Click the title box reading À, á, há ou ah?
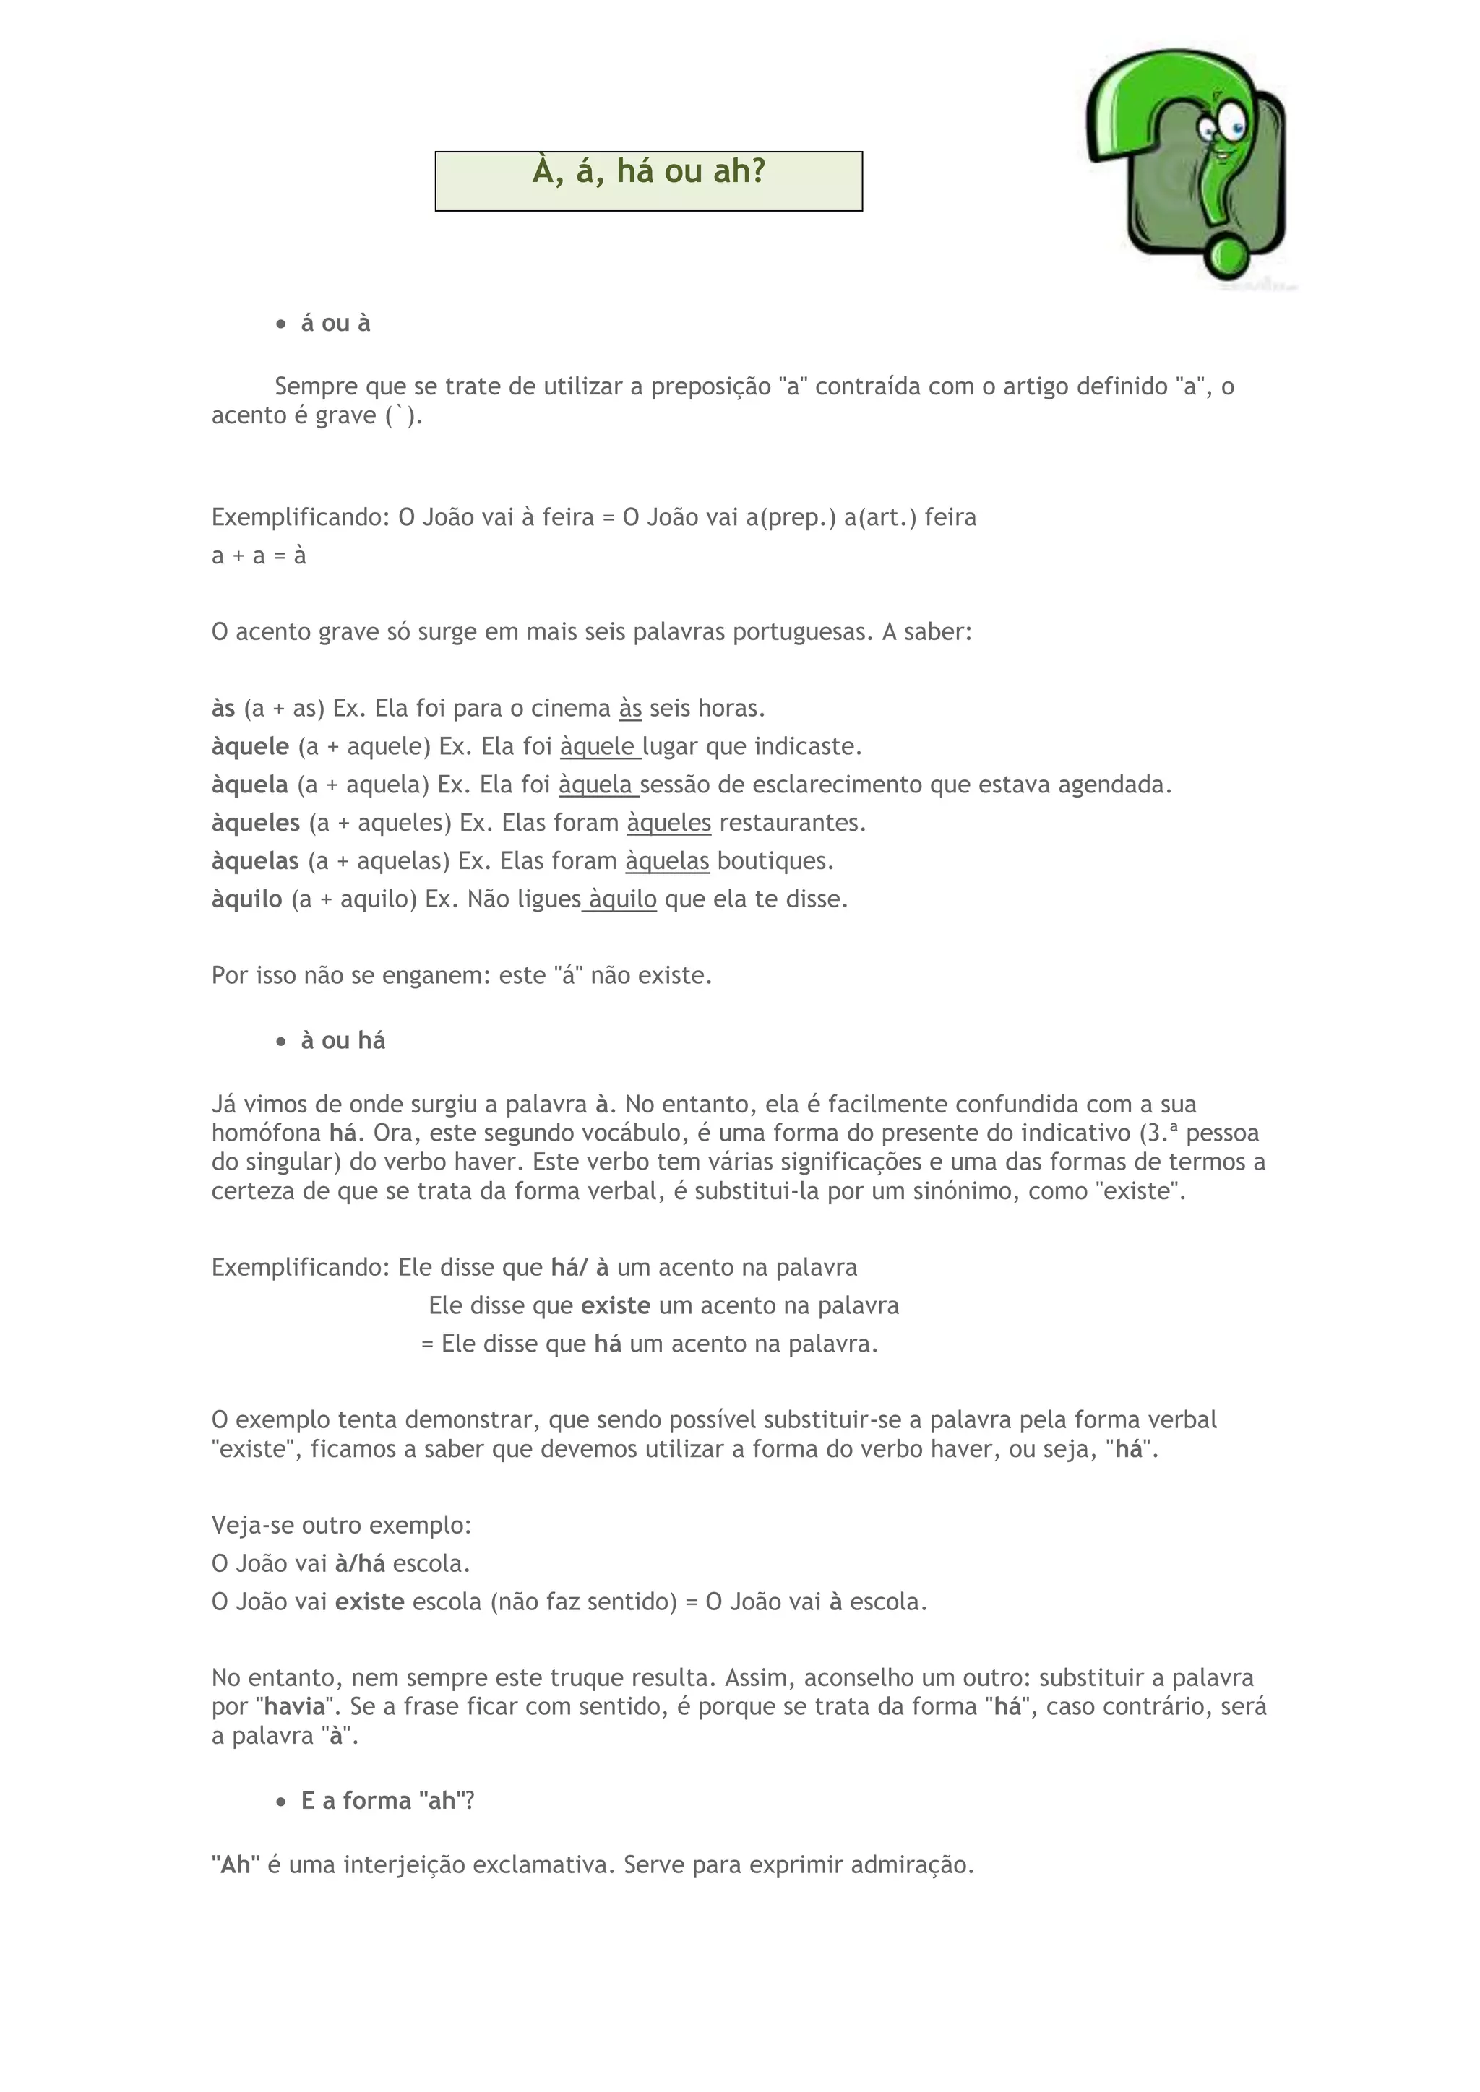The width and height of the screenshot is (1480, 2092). click(x=648, y=181)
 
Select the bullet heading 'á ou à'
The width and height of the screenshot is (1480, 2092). click(x=335, y=324)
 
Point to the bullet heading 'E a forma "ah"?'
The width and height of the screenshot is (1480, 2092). click(x=387, y=1799)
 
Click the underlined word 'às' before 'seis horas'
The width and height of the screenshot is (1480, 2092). click(x=629, y=708)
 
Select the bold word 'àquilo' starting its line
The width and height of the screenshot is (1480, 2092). click(x=247, y=899)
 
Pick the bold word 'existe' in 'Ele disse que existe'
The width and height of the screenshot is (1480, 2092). click(x=616, y=1305)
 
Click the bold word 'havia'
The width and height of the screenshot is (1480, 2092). click(x=294, y=1706)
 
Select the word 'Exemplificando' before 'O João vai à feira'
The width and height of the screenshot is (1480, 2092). click(x=300, y=517)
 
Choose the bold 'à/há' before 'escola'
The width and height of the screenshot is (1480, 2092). click(x=360, y=1563)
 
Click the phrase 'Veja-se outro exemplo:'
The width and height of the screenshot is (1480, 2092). click(x=342, y=1525)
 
